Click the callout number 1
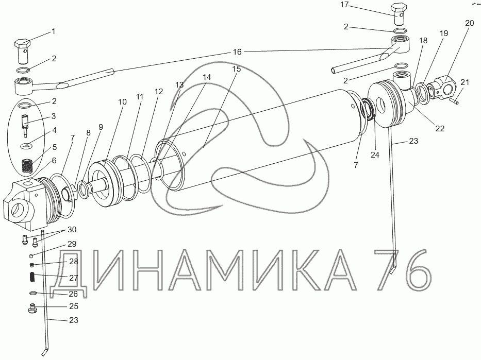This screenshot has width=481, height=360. point(54,31)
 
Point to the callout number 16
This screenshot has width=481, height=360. point(237,52)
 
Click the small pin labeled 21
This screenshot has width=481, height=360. point(455,100)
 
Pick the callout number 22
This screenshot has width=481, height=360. point(440,128)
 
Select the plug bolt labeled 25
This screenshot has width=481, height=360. point(32,308)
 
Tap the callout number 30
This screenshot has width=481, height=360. point(72,230)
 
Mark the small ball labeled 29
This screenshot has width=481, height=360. point(31,255)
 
